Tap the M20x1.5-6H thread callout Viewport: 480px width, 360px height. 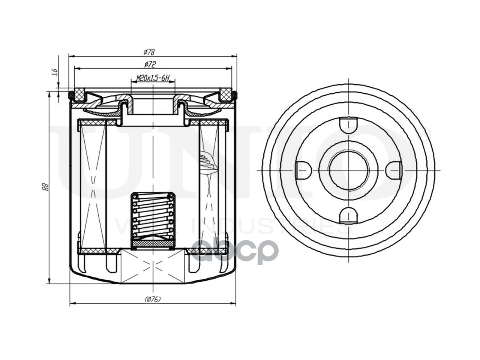click(153, 78)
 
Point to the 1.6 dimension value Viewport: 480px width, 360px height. click(54, 72)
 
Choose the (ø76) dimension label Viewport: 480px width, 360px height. click(152, 299)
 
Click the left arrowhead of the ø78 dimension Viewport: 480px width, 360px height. click(71, 56)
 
